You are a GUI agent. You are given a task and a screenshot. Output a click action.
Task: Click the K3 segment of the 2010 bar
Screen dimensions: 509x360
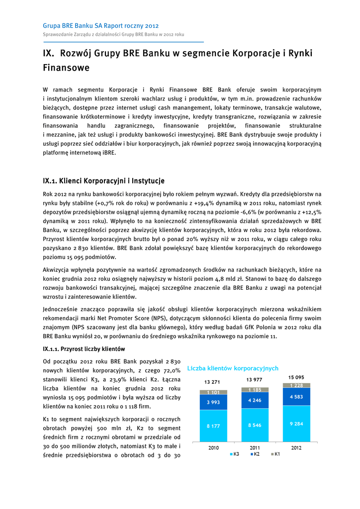pos(213,425)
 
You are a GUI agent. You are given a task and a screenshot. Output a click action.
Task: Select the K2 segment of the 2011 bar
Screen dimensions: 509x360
pos(255,400)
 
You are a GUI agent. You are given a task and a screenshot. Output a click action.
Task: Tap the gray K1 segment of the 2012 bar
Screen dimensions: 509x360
pos(296,385)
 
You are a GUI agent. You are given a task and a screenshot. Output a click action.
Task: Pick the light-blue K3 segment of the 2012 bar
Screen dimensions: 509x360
pos(296,424)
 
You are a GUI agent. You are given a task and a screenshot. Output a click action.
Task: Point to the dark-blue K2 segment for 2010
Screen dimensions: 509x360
pos(213,402)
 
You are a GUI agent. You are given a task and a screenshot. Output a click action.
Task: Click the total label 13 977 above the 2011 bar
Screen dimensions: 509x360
pos(255,380)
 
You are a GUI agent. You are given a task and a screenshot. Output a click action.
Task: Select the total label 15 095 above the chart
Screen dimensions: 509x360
pos(296,377)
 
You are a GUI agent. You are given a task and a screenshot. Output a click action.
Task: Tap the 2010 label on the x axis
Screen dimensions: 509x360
pos(213,447)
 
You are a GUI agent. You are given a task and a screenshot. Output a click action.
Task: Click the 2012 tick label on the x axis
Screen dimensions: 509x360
pos(296,447)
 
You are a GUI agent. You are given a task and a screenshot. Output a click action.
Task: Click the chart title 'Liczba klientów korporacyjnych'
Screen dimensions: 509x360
pos(233,368)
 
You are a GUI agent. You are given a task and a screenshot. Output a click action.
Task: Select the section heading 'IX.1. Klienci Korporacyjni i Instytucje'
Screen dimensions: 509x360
pos(103,180)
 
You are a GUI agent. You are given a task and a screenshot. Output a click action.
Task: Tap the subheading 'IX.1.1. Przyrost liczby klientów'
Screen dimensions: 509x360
pos(84,348)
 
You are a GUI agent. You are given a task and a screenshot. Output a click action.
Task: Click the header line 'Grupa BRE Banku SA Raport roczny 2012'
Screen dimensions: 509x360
pos(101,25)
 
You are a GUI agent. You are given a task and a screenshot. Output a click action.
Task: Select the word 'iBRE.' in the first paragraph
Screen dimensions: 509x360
pos(107,153)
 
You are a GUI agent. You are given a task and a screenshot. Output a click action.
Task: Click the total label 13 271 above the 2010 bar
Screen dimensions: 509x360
pos(213,382)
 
